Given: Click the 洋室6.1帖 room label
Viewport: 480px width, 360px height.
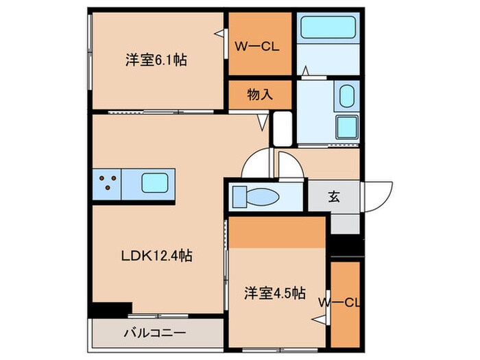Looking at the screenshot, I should (x=156, y=60).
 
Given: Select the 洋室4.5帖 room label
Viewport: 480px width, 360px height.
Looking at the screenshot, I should (x=274, y=293).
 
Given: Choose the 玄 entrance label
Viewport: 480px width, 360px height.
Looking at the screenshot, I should (x=333, y=197).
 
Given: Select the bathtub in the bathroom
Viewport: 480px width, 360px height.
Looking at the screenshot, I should (x=326, y=29).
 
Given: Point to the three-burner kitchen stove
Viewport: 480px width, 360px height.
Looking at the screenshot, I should (x=107, y=183).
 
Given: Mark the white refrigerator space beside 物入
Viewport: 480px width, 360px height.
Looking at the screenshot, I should (x=282, y=128).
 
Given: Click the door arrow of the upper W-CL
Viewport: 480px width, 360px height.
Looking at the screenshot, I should (x=219, y=33).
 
